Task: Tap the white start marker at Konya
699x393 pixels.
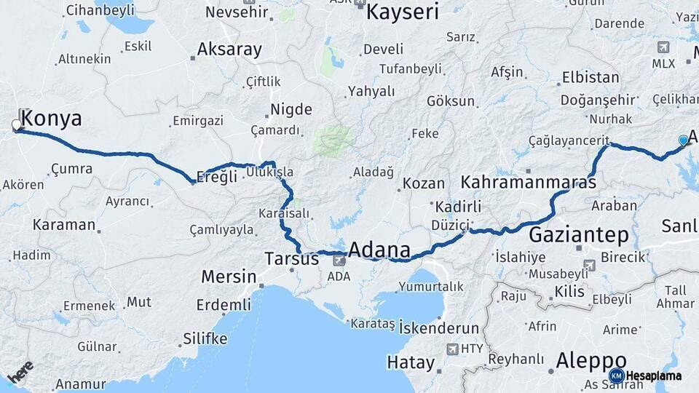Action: pyautogui.click(x=16, y=125)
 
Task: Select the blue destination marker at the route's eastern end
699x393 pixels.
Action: pyautogui.click(x=683, y=140)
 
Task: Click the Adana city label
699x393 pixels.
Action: pyautogui.click(x=379, y=250)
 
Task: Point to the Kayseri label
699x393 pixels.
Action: pyautogui.click(x=403, y=12)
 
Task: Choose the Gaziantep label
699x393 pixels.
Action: pyautogui.click(x=578, y=235)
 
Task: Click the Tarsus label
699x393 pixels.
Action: pyautogui.click(x=291, y=258)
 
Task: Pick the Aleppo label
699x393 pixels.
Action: pyautogui.click(x=591, y=360)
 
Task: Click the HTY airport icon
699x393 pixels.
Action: pyautogui.click(x=453, y=349)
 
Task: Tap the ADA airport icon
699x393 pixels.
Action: pyautogui.click(x=339, y=259)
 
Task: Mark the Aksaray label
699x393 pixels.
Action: pyautogui.click(x=229, y=49)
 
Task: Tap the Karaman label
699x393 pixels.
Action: pyautogui.click(x=63, y=225)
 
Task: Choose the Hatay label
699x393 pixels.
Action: pyautogui.click(x=411, y=362)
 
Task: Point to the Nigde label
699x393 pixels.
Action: pyautogui.click(x=291, y=110)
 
